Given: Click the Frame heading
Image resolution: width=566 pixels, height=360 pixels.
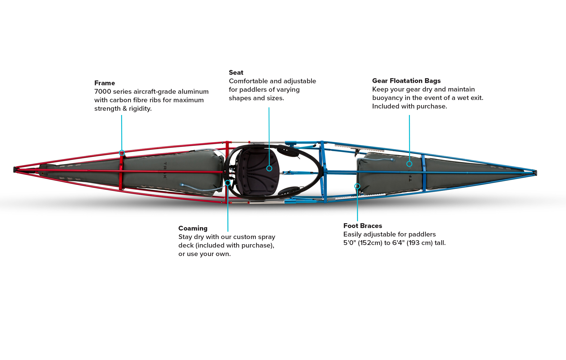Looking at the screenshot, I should (x=104, y=83).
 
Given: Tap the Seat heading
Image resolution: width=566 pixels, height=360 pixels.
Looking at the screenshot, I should (x=236, y=73).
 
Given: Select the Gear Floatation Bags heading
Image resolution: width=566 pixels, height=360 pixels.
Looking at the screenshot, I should (x=406, y=81).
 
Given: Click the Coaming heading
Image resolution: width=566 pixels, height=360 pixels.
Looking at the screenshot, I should (x=193, y=228).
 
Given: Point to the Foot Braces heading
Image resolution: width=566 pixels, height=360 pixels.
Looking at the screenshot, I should (x=363, y=226).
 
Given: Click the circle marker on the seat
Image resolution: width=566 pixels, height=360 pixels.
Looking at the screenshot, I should (x=269, y=169).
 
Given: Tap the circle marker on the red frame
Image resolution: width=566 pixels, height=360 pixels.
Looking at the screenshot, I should (x=122, y=153).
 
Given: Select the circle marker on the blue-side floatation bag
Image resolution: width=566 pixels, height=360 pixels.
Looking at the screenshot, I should (x=409, y=164).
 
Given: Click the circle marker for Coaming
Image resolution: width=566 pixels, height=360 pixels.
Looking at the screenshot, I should (x=228, y=183).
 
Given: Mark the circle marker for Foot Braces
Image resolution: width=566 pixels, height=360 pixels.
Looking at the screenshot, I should (x=357, y=186).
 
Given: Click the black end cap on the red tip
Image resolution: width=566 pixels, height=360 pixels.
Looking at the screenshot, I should (x=15, y=170).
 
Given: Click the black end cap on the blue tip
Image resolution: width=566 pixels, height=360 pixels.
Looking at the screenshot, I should (x=536, y=173).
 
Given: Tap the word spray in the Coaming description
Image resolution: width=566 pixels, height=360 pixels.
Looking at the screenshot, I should (x=266, y=237).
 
